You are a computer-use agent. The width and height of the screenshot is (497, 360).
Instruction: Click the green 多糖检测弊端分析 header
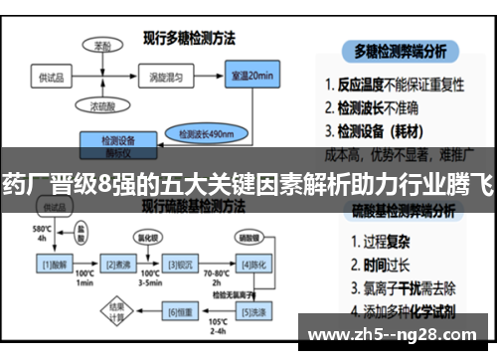406,49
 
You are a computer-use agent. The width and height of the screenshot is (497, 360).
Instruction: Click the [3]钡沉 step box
180,264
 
